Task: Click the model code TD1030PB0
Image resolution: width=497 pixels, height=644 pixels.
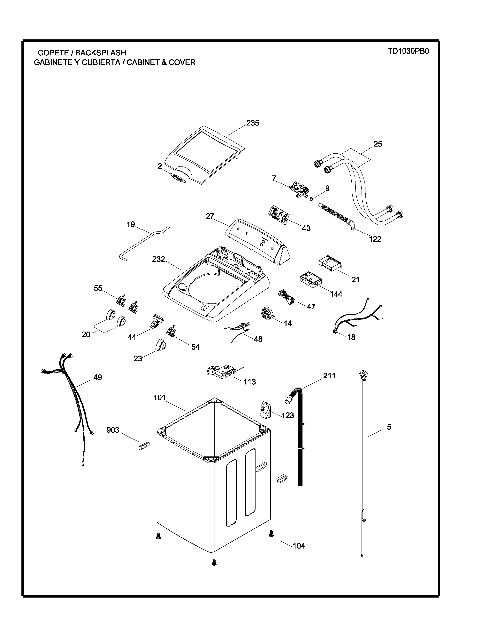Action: (x=408, y=51)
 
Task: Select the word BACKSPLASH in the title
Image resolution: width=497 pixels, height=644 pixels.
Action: (x=101, y=53)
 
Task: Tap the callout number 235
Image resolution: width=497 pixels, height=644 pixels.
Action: (x=253, y=123)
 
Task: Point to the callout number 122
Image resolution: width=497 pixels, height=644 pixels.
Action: (x=375, y=239)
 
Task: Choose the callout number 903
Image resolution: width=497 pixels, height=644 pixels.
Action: (x=113, y=430)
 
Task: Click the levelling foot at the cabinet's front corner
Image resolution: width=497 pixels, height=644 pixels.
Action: (x=214, y=563)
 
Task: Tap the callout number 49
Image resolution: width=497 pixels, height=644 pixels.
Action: (x=97, y=377)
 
